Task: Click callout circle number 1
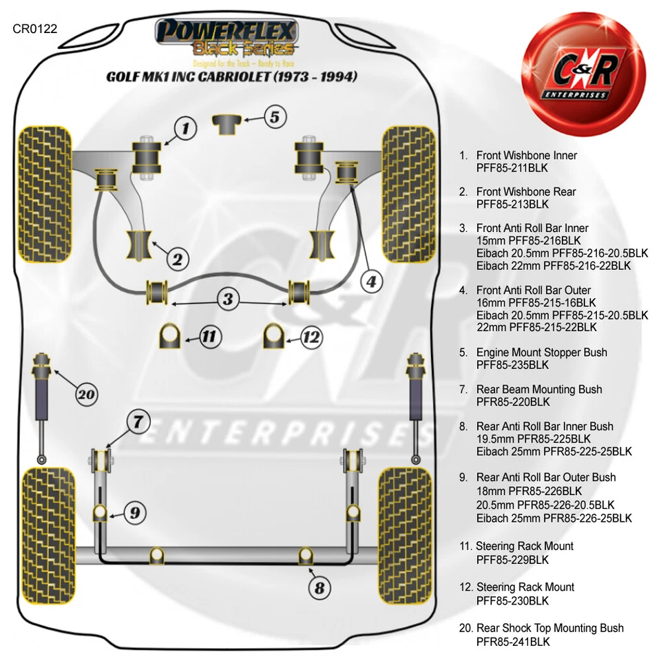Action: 185,127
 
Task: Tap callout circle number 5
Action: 274,117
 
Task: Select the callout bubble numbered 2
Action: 177,259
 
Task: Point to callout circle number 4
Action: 371,281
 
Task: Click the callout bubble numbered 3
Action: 228,300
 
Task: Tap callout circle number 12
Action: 311,337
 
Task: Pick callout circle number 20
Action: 85,395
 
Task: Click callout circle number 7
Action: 138,421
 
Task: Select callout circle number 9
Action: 135,512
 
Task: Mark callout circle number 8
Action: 319,587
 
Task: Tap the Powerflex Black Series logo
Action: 227,38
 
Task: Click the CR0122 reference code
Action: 34,29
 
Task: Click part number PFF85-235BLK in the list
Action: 513,365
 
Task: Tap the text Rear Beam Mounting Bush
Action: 539,390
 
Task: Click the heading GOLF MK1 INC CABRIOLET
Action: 231,76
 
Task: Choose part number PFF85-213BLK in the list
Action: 513,204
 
